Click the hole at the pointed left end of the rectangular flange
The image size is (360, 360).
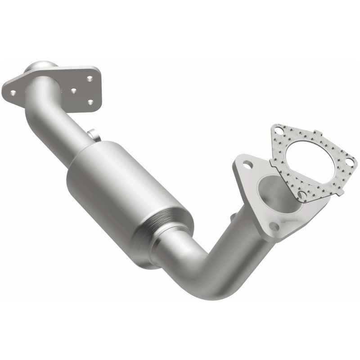[13, 93]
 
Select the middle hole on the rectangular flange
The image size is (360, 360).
[73, 90]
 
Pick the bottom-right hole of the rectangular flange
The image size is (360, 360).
[90, 103]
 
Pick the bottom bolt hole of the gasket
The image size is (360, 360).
[302, 195]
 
